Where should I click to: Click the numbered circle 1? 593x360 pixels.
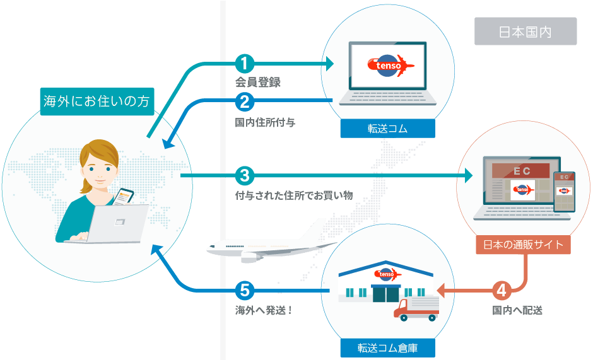pyautogui.click(x=244, y=64)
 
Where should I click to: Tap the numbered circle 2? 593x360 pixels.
pyautogui.click(x=244, y=101)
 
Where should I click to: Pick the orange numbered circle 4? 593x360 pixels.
pyautogui.click(x=502, y=291)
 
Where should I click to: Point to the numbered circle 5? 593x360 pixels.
pyautogui.click(x=244, y=291)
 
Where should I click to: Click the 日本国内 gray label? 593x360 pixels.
pyautogui.click(x=525, y=32)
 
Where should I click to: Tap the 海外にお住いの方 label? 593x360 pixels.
pyautogui.click(x=97, y=101)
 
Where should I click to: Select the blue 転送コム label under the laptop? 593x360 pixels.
pyautogui.click(x=387, y=129)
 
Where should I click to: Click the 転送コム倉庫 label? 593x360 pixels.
pyautogui.click(x=387, y=347)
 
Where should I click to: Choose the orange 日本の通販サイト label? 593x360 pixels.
pyautogui.click(x=523, y=245)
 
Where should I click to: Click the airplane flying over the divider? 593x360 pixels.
pyautogui.click(x=265, y=246)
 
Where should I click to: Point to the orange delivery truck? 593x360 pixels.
pyautogui.click(x=416, y=308)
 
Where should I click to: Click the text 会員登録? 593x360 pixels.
pyautogui.click(x=257, y=83)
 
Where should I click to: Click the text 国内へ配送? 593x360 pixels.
pyautogui.click(x=517, y=310)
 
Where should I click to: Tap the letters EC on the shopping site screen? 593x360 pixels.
pyautogui.click(x=521, y=171)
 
